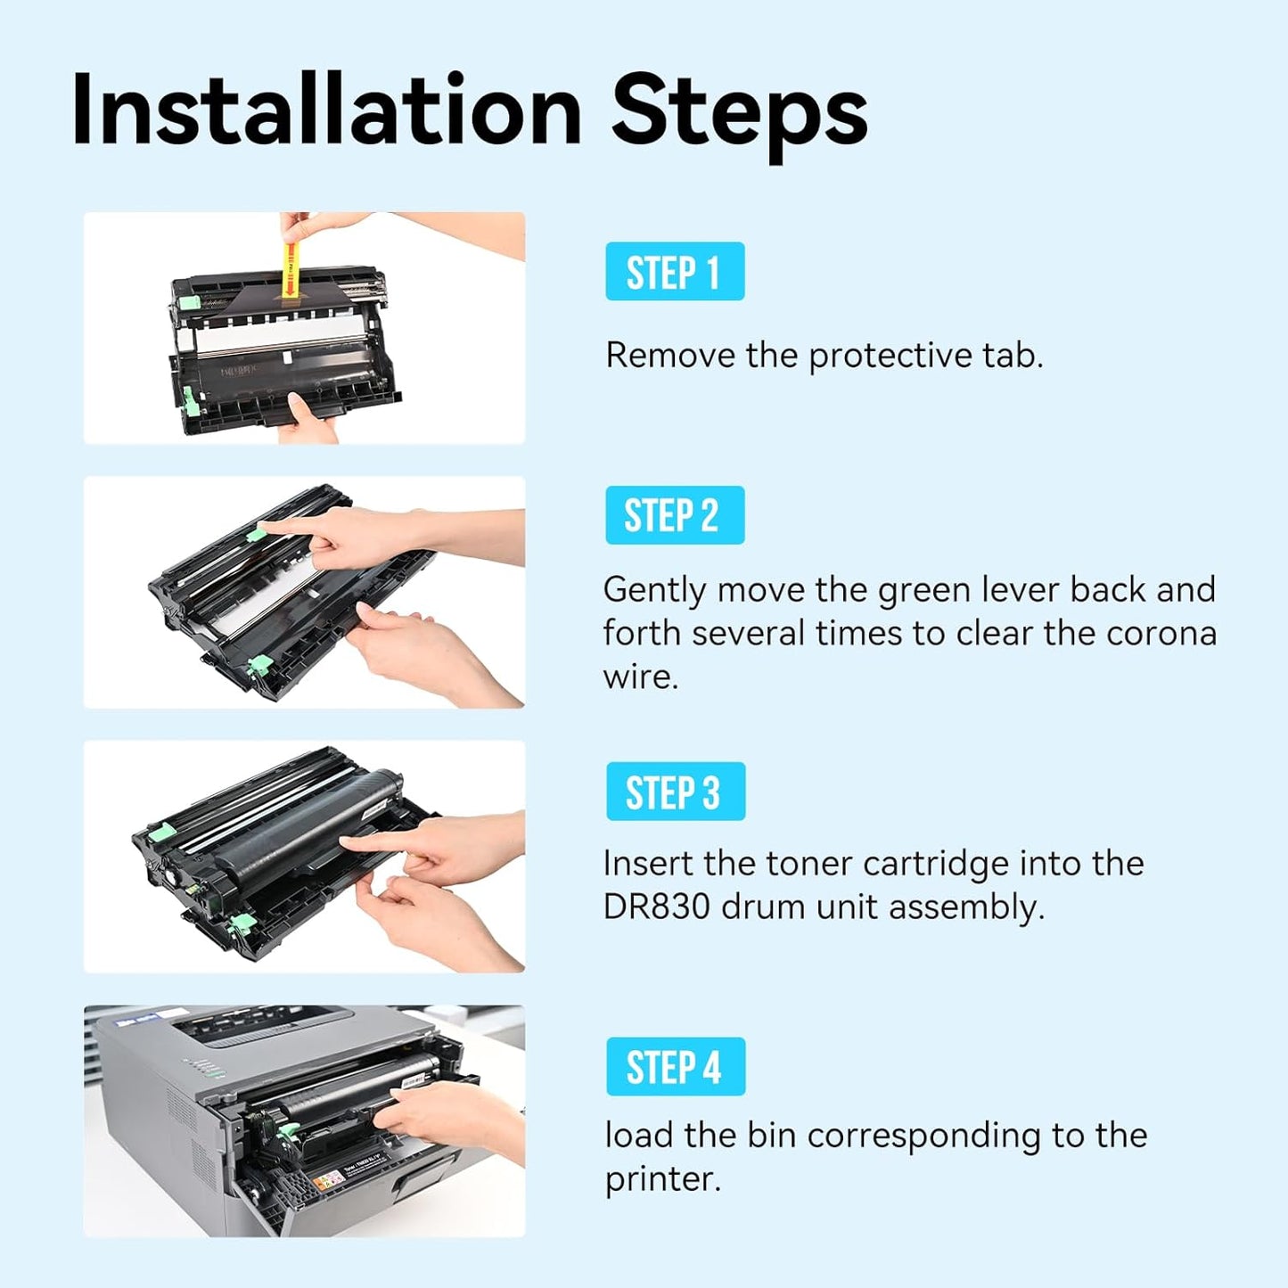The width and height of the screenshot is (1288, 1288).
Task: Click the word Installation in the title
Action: click(325, 111)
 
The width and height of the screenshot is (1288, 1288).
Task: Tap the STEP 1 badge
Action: click(674, 272)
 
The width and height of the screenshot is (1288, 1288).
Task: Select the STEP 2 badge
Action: click(674, 516)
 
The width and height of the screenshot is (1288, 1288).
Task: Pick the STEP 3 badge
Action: click(675, 792)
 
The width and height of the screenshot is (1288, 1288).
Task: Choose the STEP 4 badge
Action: click(675, 1067)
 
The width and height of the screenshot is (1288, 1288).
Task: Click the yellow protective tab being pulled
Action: click(289, 267)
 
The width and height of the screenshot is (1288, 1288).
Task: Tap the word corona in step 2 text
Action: click(1161, 634)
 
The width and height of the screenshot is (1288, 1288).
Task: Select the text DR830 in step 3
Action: click(657, 907)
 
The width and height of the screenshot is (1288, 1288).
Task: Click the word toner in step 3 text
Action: click(809, 864)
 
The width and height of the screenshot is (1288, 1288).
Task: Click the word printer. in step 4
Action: click(662, 1179)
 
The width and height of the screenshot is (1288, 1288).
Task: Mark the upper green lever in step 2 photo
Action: click(257, 533)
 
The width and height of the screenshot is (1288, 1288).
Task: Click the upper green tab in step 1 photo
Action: click(189, 302)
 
